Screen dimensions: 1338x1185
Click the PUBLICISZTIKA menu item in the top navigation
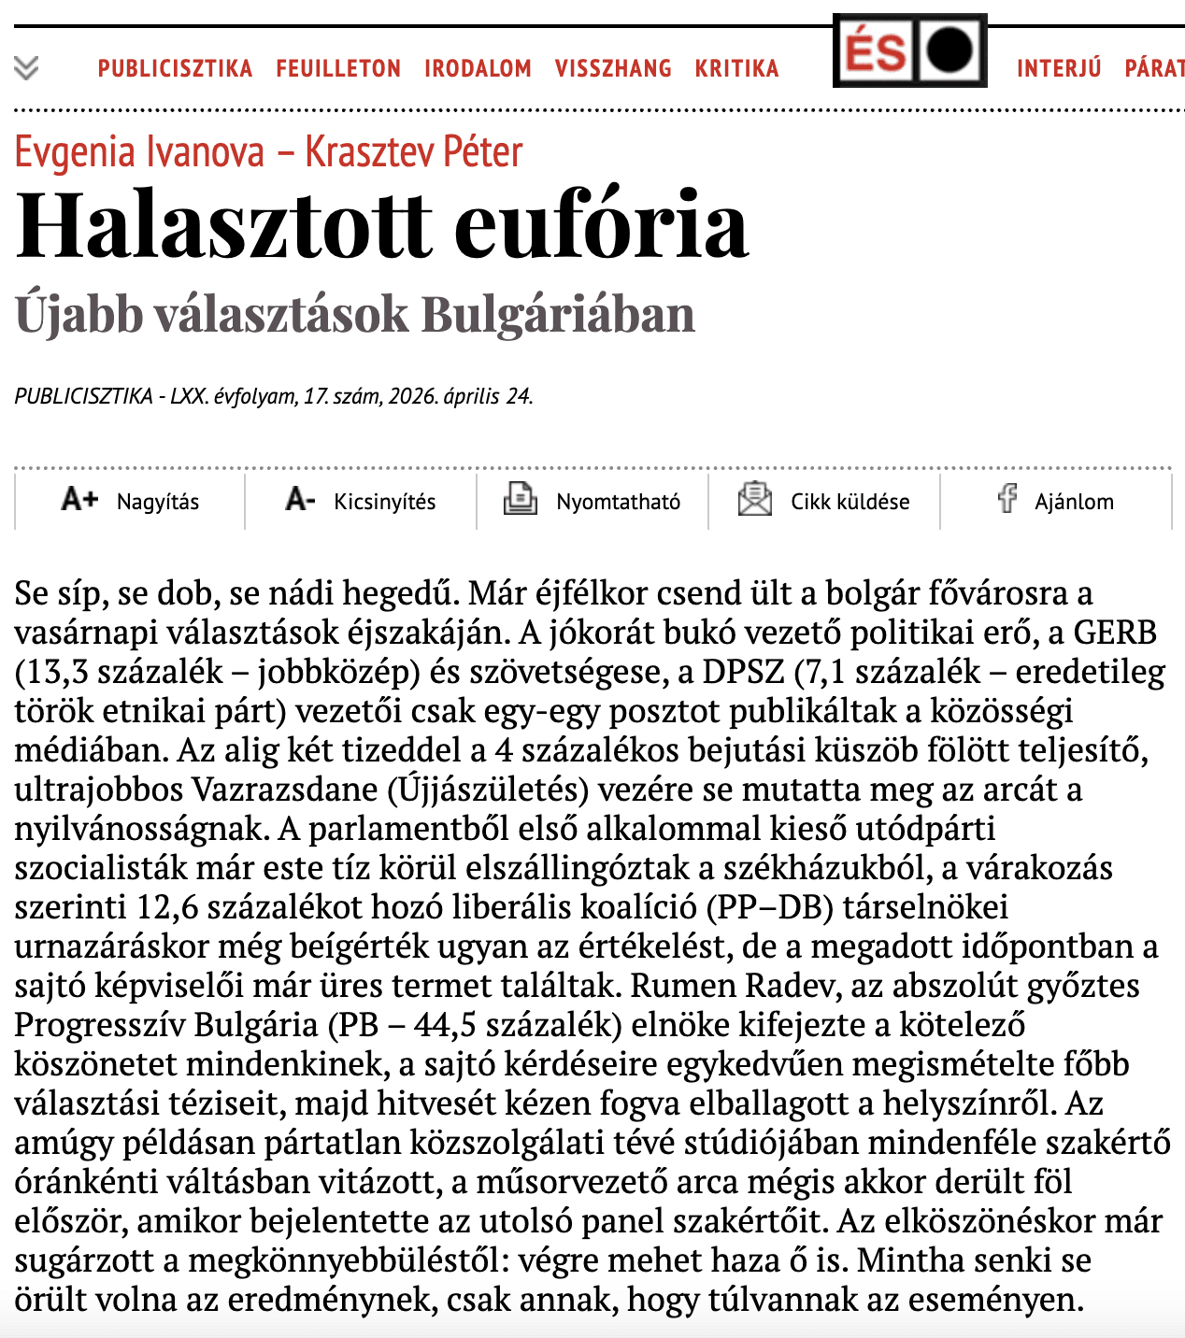point(175,68)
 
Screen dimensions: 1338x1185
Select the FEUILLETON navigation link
point(338,68)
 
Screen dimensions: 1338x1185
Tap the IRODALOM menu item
point(478,68)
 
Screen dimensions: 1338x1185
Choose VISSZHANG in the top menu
point(613,68)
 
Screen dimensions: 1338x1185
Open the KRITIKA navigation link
point(736,68)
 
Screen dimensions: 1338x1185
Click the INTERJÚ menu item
point(1059,68)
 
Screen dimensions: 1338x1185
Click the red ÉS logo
point(875,51)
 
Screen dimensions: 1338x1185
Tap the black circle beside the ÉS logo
point(949,50)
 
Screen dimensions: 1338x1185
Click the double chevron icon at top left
point(26,67)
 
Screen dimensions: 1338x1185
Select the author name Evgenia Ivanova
point(139,152)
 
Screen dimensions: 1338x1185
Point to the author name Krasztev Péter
point(413,152)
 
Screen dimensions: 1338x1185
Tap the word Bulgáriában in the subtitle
point(558,314)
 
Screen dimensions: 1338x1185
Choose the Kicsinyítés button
point(361,501)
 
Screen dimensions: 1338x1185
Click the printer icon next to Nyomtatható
point(520,499)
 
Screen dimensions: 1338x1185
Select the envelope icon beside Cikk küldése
point(754,499)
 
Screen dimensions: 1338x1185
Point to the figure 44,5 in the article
point(445,1025)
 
